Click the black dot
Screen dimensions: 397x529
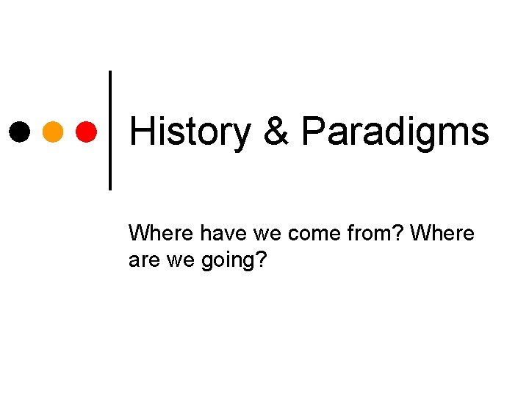click(x=19, y=132)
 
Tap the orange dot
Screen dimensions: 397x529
click(x=53, y=132)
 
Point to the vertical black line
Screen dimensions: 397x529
click(x=110, y=130)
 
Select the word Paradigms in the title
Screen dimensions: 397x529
click(x=395, y=132)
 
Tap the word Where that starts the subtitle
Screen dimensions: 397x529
click(x=156, y=234)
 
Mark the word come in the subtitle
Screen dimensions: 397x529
click(x=307, y=234)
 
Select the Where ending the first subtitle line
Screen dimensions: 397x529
click(x=442, y=234)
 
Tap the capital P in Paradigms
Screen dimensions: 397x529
click(x=312, y=132)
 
